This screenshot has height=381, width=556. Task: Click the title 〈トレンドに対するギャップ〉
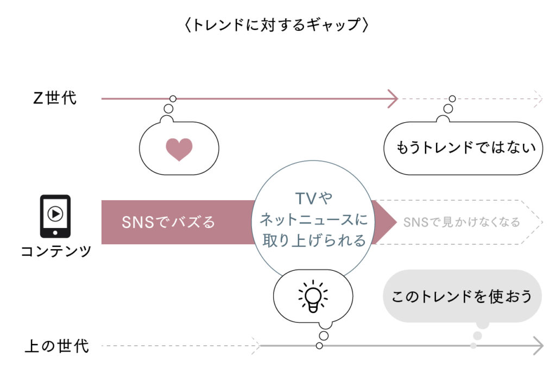pyautogui.click(x=277, y=26)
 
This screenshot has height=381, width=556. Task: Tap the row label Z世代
pyautogui.click(x=55, y=99)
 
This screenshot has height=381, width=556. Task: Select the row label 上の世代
pyautogui.click(x=57, y=346)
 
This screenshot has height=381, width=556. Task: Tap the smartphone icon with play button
pyautogui.click(x=55, y=215)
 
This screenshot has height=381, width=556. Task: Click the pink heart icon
pyautogui.click(x=179, y=149)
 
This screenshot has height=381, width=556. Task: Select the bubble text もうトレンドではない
pyautogui.click(x=463, y=148)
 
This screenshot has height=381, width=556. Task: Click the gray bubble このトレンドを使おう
pyautogui.click(x=463, y=296)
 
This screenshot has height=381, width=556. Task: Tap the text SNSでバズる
pyautogui.click(x=168, y=222)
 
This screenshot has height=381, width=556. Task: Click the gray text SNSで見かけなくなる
pyautogui.click(x=462, y=222)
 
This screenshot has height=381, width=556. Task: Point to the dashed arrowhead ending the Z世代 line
pyautogui.click(x=539, y=99)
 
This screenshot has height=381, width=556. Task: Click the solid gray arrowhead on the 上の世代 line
pyautogui.click(x=538, y=346)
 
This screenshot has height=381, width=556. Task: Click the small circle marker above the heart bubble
pyautogui.click(x=173, y=99)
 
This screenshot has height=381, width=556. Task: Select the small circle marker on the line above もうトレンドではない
pyautogui.click(x=452, y=99)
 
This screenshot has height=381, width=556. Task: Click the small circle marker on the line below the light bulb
pyautogui.click(x=319, y=346)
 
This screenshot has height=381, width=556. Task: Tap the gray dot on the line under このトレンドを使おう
pyautogui.click(x=473, y=346)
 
